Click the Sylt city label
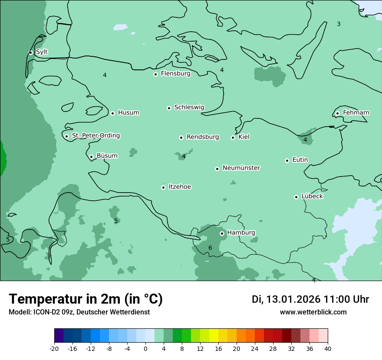42,52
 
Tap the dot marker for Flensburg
155,74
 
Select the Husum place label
128,113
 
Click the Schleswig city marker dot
169,108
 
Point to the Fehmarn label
356,113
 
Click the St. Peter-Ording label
95,136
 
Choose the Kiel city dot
233,137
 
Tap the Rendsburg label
203,137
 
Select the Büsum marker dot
91,157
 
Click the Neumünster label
241,168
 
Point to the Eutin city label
300,160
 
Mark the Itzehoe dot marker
163,187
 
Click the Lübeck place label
312,196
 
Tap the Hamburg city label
241,233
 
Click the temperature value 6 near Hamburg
210,248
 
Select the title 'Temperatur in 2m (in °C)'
86,299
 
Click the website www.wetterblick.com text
313,312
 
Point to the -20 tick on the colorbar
54,348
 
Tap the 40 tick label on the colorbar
327,348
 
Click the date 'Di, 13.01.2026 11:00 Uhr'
310,299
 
